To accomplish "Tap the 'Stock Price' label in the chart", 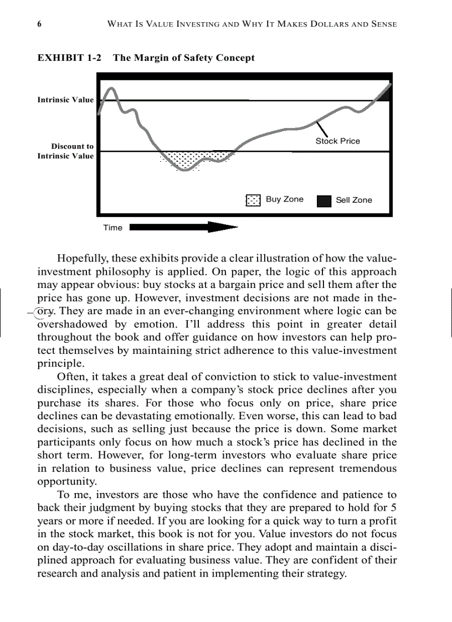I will (337, 141).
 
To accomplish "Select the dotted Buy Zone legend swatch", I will (253, 200).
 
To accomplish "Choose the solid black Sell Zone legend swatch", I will (324, 201).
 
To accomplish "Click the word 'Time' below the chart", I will (112, 228).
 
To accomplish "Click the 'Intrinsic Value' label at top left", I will (65, 100).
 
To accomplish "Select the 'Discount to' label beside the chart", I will (73, 146).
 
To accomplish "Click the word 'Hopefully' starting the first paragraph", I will (81, 258).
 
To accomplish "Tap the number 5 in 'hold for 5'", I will (393, 507).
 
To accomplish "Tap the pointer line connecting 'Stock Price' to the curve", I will (322, 128).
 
